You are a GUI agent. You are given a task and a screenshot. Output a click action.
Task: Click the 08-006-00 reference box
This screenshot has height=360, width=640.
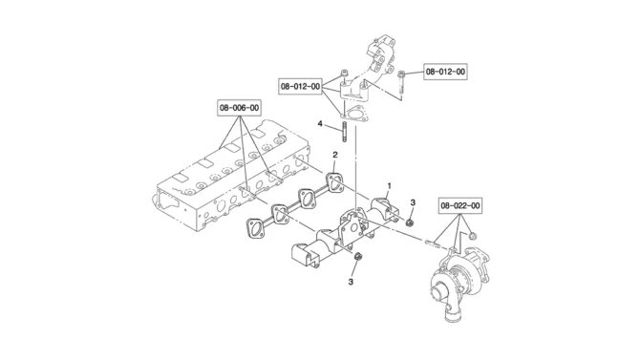[239, 108]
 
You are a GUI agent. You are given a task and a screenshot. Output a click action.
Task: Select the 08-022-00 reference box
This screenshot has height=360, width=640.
[460, 205]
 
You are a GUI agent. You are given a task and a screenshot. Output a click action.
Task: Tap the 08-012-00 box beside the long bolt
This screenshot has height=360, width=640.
[445, 72]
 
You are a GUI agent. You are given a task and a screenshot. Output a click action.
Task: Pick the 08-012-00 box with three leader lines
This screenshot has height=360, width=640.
[300, 87]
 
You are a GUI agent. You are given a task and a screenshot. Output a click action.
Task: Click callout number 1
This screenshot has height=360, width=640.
[389, 185]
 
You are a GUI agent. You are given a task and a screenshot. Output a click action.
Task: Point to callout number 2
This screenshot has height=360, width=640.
[335, 155]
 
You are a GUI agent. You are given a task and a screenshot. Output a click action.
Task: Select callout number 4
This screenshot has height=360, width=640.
[320, 123]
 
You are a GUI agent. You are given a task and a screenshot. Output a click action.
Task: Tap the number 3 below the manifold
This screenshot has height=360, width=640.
[351, 282]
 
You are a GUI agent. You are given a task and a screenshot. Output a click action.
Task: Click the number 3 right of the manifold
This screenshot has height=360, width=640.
[413, 202]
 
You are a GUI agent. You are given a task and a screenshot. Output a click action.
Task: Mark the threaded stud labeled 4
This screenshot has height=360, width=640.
[345, 132]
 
